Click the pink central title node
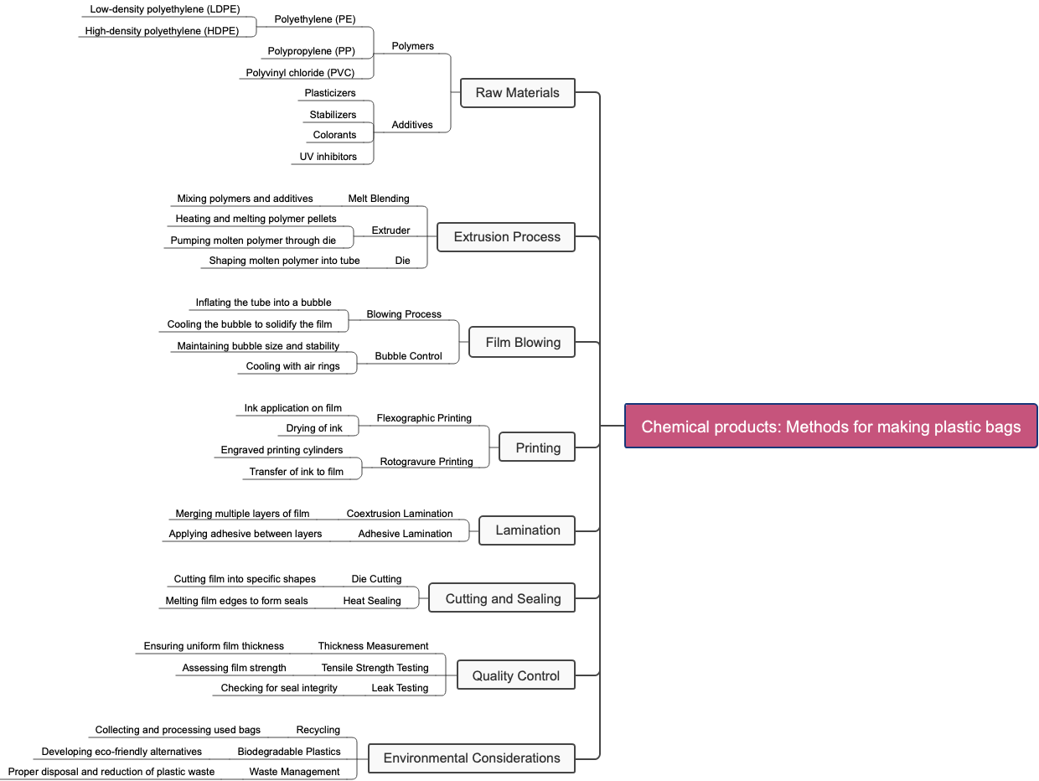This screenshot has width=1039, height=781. point(830,427)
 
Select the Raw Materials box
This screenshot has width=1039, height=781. point(517,93)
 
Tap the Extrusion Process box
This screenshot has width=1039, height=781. point(506,237)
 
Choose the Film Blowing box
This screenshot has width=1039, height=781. point(522,343)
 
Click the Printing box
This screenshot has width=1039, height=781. point(537,448)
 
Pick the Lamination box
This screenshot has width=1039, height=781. point(527,530)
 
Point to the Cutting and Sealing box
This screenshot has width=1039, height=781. point(502,599)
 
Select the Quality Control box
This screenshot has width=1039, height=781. point(515,676)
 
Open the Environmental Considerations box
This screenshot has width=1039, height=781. point(471,758)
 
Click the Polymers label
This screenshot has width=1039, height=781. point(412,46)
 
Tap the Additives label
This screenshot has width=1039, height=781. point(412,125)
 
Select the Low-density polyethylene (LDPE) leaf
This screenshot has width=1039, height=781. point(165,10)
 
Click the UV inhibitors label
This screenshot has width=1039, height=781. point(328,157)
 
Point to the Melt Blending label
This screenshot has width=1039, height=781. point(379,199)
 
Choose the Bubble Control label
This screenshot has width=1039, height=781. point(408,356)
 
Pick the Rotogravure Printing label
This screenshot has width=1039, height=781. point(426,462)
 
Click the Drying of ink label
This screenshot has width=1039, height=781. point(314,428)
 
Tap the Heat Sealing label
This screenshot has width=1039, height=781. point(372,601)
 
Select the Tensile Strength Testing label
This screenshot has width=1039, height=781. point(375,668)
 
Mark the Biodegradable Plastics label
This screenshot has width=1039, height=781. point(289,752)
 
